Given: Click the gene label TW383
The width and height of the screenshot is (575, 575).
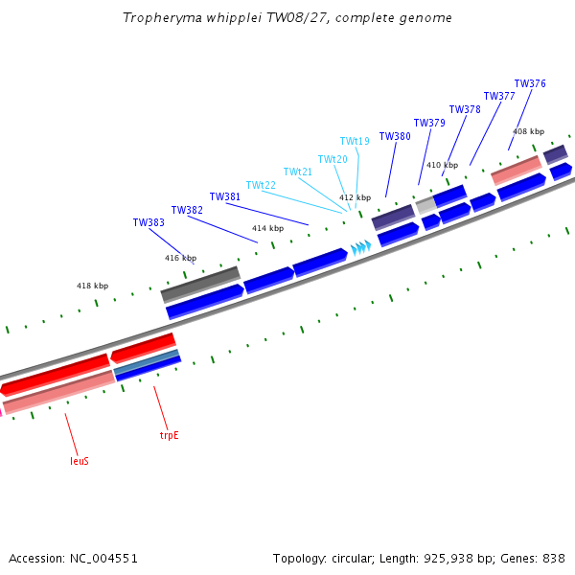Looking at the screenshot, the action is click(149, 222).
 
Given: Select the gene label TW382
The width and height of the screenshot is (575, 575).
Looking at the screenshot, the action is click(187, 210).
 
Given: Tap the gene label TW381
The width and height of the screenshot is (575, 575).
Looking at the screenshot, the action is click(225, 196).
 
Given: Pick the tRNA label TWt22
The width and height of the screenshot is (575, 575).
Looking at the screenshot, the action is click(261, 185).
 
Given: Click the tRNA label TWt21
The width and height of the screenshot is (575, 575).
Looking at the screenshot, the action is click(298, 172).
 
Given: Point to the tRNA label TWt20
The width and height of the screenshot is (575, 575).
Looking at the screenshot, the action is click(333, 159).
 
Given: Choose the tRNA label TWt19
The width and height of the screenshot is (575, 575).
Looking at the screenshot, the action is click(355, 141).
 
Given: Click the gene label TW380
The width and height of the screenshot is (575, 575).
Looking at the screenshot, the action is click(395, 136).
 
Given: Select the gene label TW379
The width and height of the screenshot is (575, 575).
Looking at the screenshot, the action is click(429, 123).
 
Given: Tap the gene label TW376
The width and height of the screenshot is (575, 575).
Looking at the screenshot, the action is click(530, 83).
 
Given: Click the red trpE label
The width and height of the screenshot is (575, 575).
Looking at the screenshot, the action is click(170, 436).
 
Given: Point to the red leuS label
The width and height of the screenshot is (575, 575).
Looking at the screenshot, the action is click(80, 461).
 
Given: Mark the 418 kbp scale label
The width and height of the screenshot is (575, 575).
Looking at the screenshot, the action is click(92, 286).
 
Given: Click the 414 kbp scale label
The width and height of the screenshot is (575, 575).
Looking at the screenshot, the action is click(267, 228).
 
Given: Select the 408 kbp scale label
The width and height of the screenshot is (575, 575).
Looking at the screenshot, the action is click(528, 131).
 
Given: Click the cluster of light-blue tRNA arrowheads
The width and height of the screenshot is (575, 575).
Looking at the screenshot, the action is click(361, 247).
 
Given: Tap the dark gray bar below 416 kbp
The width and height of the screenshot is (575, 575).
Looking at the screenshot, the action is click(201, 285).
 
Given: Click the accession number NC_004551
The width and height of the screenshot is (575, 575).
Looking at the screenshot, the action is click(103, 559).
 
